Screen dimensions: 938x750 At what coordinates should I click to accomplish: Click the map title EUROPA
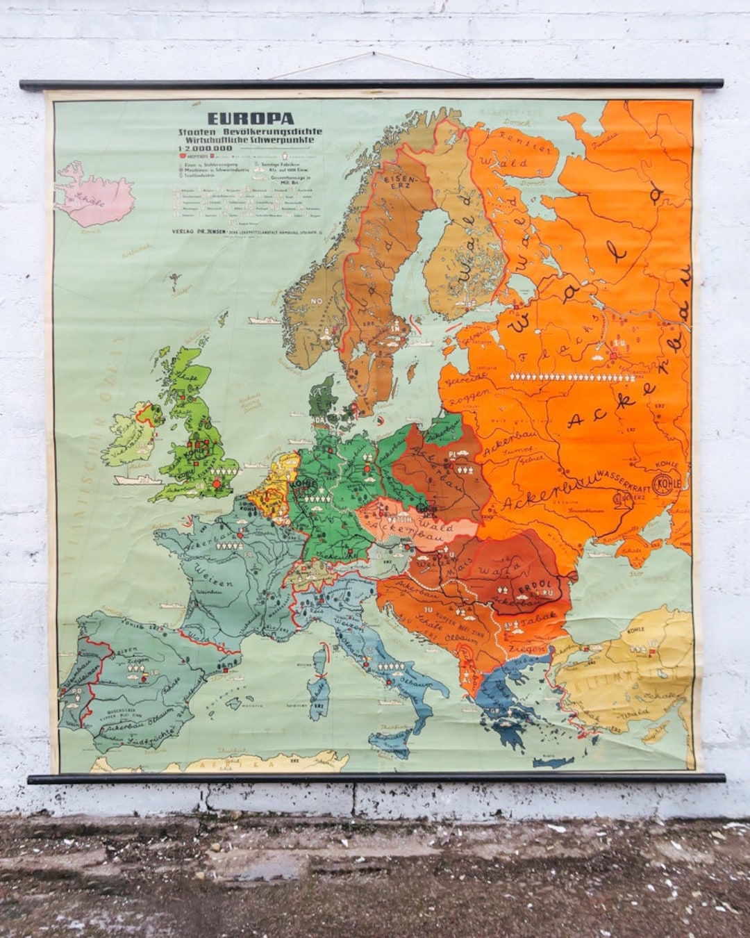click(251, 119)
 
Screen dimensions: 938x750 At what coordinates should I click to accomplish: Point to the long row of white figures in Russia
click(572, 376)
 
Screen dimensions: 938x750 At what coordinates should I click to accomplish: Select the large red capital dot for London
click(216, 484)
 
